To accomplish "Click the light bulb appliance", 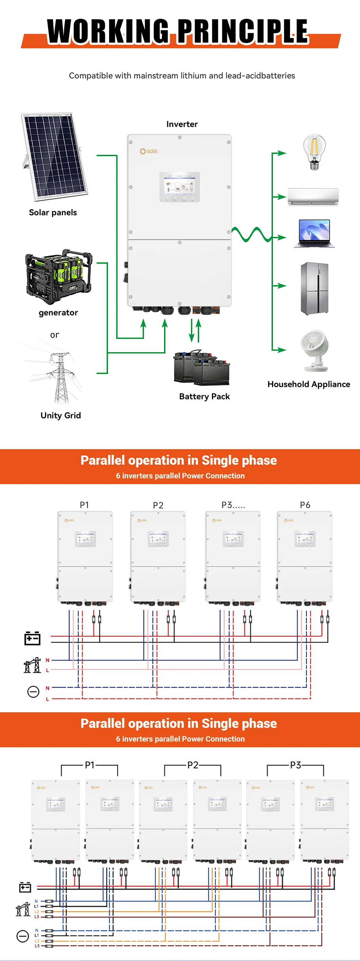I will coord(314,152).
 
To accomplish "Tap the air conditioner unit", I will coord(312,197).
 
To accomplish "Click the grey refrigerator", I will coord(314,289).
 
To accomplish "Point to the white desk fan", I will coord(315,350).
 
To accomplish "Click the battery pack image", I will coord(201,368).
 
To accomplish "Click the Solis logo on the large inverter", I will coord(148,151).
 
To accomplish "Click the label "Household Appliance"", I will coord(308,384).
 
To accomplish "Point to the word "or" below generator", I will coord(54,335).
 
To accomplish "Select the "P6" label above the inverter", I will coord(305,505).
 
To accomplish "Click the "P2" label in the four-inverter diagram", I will coord(158,505).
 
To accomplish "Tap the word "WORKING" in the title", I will coord(107,31).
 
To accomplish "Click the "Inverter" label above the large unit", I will coord(182,124).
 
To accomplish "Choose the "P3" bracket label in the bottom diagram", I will coord(295,765).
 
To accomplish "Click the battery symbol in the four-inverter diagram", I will coord(33,638).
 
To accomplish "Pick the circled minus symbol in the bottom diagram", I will coord(23,936).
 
